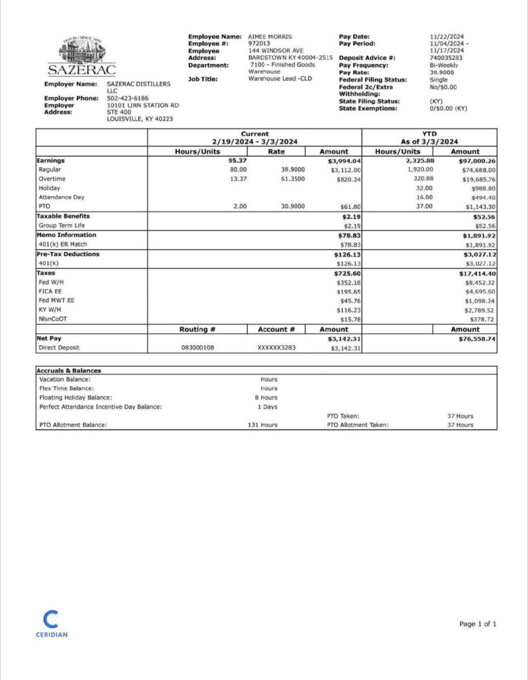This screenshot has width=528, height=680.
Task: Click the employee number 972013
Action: click(x=259, y=44)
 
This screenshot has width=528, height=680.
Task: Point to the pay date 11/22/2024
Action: click(x=446, y=36)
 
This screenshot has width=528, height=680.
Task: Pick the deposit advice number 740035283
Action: click(x=446, y=58)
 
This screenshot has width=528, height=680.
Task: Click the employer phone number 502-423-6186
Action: click(x=127, y=98)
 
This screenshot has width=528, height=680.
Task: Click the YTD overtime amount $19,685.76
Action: click(x=476, y=179)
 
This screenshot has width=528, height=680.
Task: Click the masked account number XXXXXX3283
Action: click(x=276, y=348)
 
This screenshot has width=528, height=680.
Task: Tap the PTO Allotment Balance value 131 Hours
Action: click(x=263, y=425)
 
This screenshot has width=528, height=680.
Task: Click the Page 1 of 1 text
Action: click(x=478, y=624)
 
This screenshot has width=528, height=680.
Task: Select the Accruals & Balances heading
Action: click(x=70, y=370)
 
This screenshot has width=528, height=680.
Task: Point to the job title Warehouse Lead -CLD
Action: click(x=280, y=79)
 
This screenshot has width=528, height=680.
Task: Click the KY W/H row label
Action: click(x=50, y=310)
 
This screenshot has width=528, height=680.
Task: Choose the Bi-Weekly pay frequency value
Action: click(x=444, y=65)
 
